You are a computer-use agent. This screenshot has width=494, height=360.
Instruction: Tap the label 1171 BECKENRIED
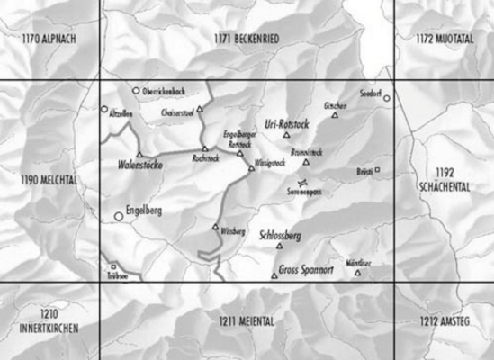[247, 39]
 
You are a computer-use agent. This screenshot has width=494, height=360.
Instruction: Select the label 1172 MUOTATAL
[444, 39]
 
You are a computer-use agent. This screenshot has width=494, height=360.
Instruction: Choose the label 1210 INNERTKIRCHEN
[49, 320]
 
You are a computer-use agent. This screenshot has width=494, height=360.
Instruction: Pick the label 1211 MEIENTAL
[247, 320]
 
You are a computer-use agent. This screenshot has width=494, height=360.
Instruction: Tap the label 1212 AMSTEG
[444, 320]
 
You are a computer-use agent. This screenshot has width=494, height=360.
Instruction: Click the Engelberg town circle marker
[119, 216]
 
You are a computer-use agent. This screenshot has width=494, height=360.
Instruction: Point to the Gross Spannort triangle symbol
[274, 275]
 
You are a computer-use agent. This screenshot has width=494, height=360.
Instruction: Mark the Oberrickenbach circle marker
[136, 91]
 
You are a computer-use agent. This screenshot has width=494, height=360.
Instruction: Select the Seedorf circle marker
[387, 98]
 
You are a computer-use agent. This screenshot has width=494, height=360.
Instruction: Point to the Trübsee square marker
[114, 266]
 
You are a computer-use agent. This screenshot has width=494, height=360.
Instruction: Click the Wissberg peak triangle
[215, 227]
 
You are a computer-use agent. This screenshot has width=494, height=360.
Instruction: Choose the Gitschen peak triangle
[335, 115]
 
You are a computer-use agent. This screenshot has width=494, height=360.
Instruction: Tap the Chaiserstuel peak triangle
[201, 110]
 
